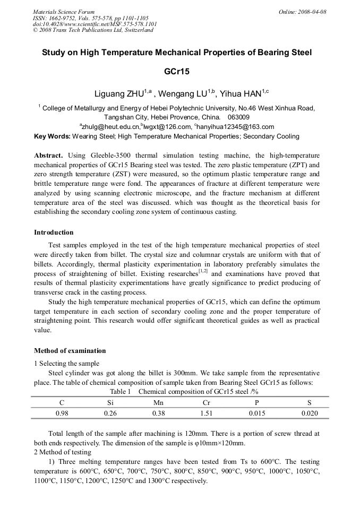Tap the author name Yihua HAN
click(x=241, y=94)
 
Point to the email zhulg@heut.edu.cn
click(x=110, y=126)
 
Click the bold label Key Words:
click(x=52, y=136)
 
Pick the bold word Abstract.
click(x=48, y=156)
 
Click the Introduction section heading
click(x=54, y=232)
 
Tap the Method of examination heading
click(x=70, y=351)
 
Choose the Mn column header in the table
click(x=158, y=403)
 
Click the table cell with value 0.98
click(x=62, y=413)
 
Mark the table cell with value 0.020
click(x=309, y=413)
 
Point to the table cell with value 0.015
click(x=257, y=413)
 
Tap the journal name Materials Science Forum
click(x=64, y=12)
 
